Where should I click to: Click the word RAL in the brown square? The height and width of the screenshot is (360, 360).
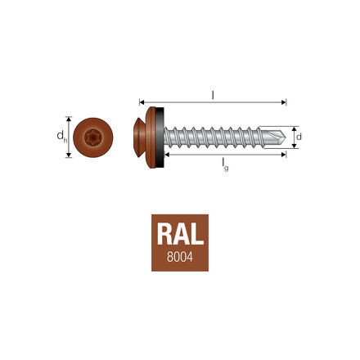pos(179,234)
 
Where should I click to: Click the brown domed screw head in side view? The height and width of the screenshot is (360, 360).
pos(140,134)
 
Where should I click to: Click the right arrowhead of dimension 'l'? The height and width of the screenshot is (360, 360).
pos(285,103)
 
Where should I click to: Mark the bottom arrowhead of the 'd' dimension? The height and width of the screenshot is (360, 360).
pos(292,144)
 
